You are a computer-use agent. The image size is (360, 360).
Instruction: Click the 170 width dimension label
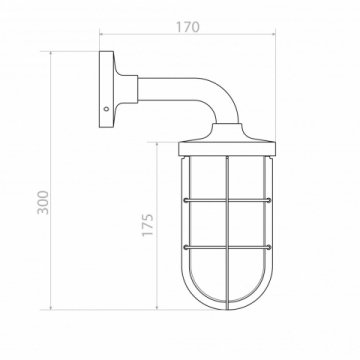(x=188, y=27)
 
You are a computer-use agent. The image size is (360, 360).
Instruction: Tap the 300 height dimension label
(x=43, y=202)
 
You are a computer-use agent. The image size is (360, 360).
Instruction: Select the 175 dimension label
(x=148, y=225)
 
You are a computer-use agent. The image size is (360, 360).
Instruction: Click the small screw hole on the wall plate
(x=106, y=109)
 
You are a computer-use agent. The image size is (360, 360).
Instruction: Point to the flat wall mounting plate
(x=106, y=89)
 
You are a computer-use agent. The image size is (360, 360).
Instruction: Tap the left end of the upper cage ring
(x=186, y=200)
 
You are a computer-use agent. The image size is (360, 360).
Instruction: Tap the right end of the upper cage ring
(x=268, y=200)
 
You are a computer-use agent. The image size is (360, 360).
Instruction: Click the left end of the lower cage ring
(x=186, y=247)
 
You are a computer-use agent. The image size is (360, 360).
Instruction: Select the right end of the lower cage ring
(x=268, y=247)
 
